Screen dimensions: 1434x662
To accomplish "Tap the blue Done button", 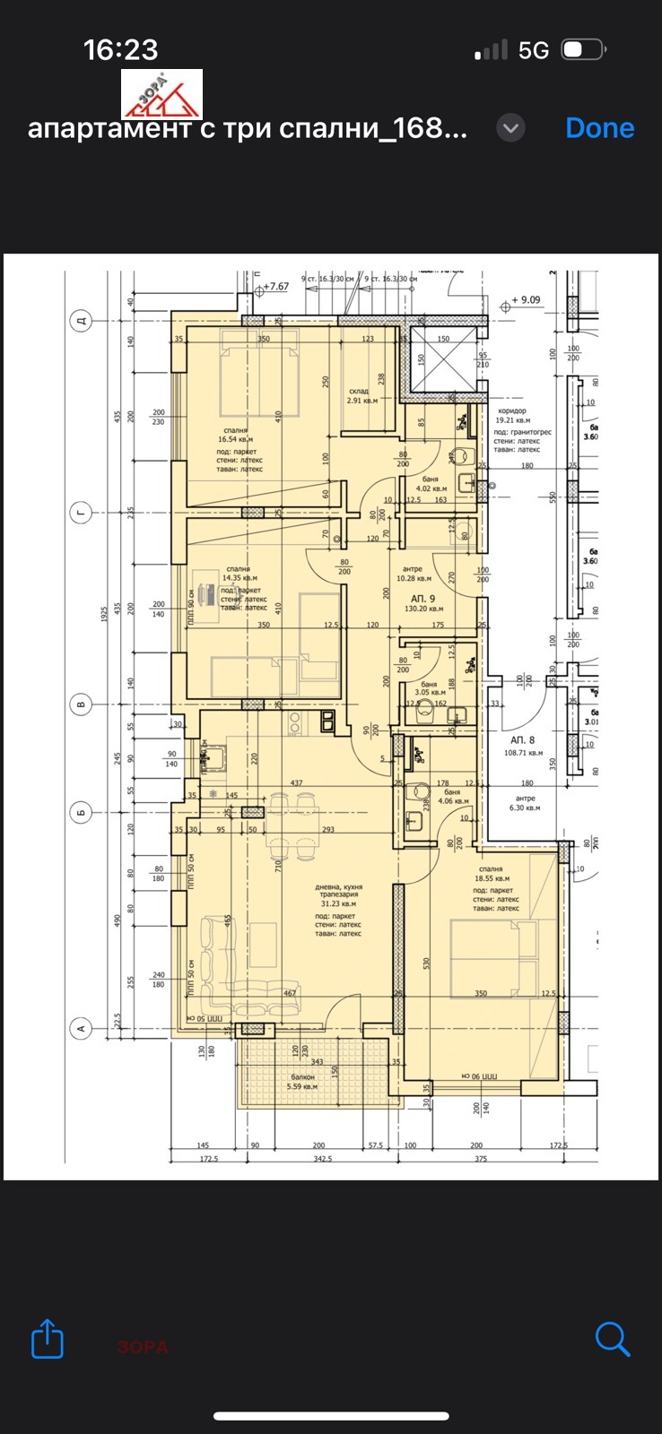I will coord(599,128).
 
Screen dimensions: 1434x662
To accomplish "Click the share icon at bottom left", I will coord(48,1339).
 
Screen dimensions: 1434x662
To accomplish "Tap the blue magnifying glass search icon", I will coord(613,1339).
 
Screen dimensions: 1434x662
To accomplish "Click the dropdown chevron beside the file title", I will coord(510,128).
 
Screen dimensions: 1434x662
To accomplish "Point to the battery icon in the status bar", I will coord(583,50).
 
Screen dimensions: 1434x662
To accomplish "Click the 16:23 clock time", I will coord(120,50).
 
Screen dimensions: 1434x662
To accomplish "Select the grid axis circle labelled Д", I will coord(81,321).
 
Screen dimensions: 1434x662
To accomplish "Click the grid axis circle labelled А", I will coord(81,1028).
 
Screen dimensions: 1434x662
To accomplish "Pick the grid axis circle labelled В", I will coord(81,705).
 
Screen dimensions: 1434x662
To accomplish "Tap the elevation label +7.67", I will coord(275,287).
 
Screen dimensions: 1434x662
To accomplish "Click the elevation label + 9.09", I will coord(526,300).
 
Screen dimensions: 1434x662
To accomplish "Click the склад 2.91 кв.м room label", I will coord(361,396).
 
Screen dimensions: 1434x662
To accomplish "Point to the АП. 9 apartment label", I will coord(422,598).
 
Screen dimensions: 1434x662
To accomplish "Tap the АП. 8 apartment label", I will coord(522,740).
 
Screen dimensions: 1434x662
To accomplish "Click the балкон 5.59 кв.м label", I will coord(302,1082).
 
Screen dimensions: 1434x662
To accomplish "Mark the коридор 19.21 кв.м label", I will coord(512,415).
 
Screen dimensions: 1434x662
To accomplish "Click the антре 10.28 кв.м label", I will coord(414,574).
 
